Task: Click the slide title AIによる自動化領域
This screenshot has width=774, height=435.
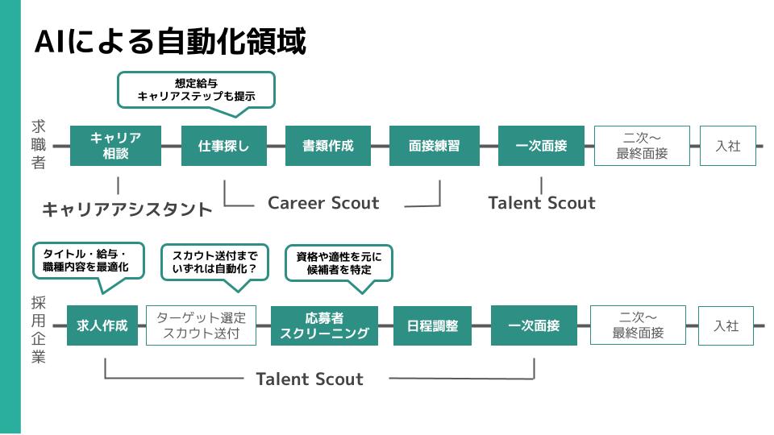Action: pos(170,42)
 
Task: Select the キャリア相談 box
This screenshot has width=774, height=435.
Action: pos(115,146)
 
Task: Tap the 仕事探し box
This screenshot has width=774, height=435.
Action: pos(223,146)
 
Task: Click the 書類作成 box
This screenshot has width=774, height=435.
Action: pos(328,146)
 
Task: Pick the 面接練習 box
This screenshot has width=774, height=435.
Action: pos(434,146)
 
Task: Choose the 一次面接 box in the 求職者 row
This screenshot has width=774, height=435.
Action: pos(541,146)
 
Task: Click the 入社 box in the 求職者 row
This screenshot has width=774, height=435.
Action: pos(727,146)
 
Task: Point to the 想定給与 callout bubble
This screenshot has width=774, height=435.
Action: pos(196,89)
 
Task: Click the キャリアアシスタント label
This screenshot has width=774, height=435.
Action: pos(127,210)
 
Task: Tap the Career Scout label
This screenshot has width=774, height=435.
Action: pos(322,203)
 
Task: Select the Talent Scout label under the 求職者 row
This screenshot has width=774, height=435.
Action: pos(541,203)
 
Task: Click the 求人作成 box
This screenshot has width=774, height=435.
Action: pos(102,325)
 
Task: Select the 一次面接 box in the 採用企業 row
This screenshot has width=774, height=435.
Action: pos(534,325)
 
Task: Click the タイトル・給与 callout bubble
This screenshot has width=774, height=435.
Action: pos(89,260)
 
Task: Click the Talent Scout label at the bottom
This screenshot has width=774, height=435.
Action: pos(310,379)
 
